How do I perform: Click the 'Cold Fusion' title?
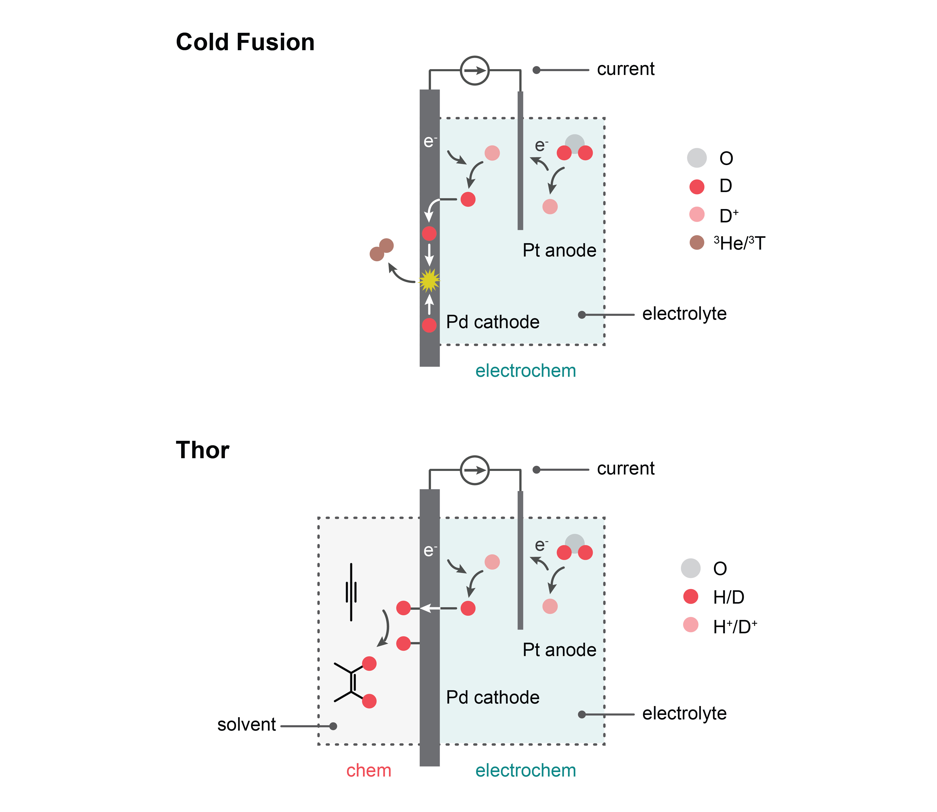245,42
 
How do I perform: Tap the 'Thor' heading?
203,450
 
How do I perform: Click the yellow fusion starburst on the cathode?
429,280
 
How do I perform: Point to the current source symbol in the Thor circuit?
475,470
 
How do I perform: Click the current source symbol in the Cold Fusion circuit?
475,71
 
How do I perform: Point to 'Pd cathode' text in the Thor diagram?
493,697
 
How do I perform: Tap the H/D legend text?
729,597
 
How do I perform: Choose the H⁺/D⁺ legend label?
735,627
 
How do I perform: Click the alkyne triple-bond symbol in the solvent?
351,592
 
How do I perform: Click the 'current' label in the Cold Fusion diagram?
626,69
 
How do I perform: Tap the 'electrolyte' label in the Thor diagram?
684,713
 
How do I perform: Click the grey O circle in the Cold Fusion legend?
697,158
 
